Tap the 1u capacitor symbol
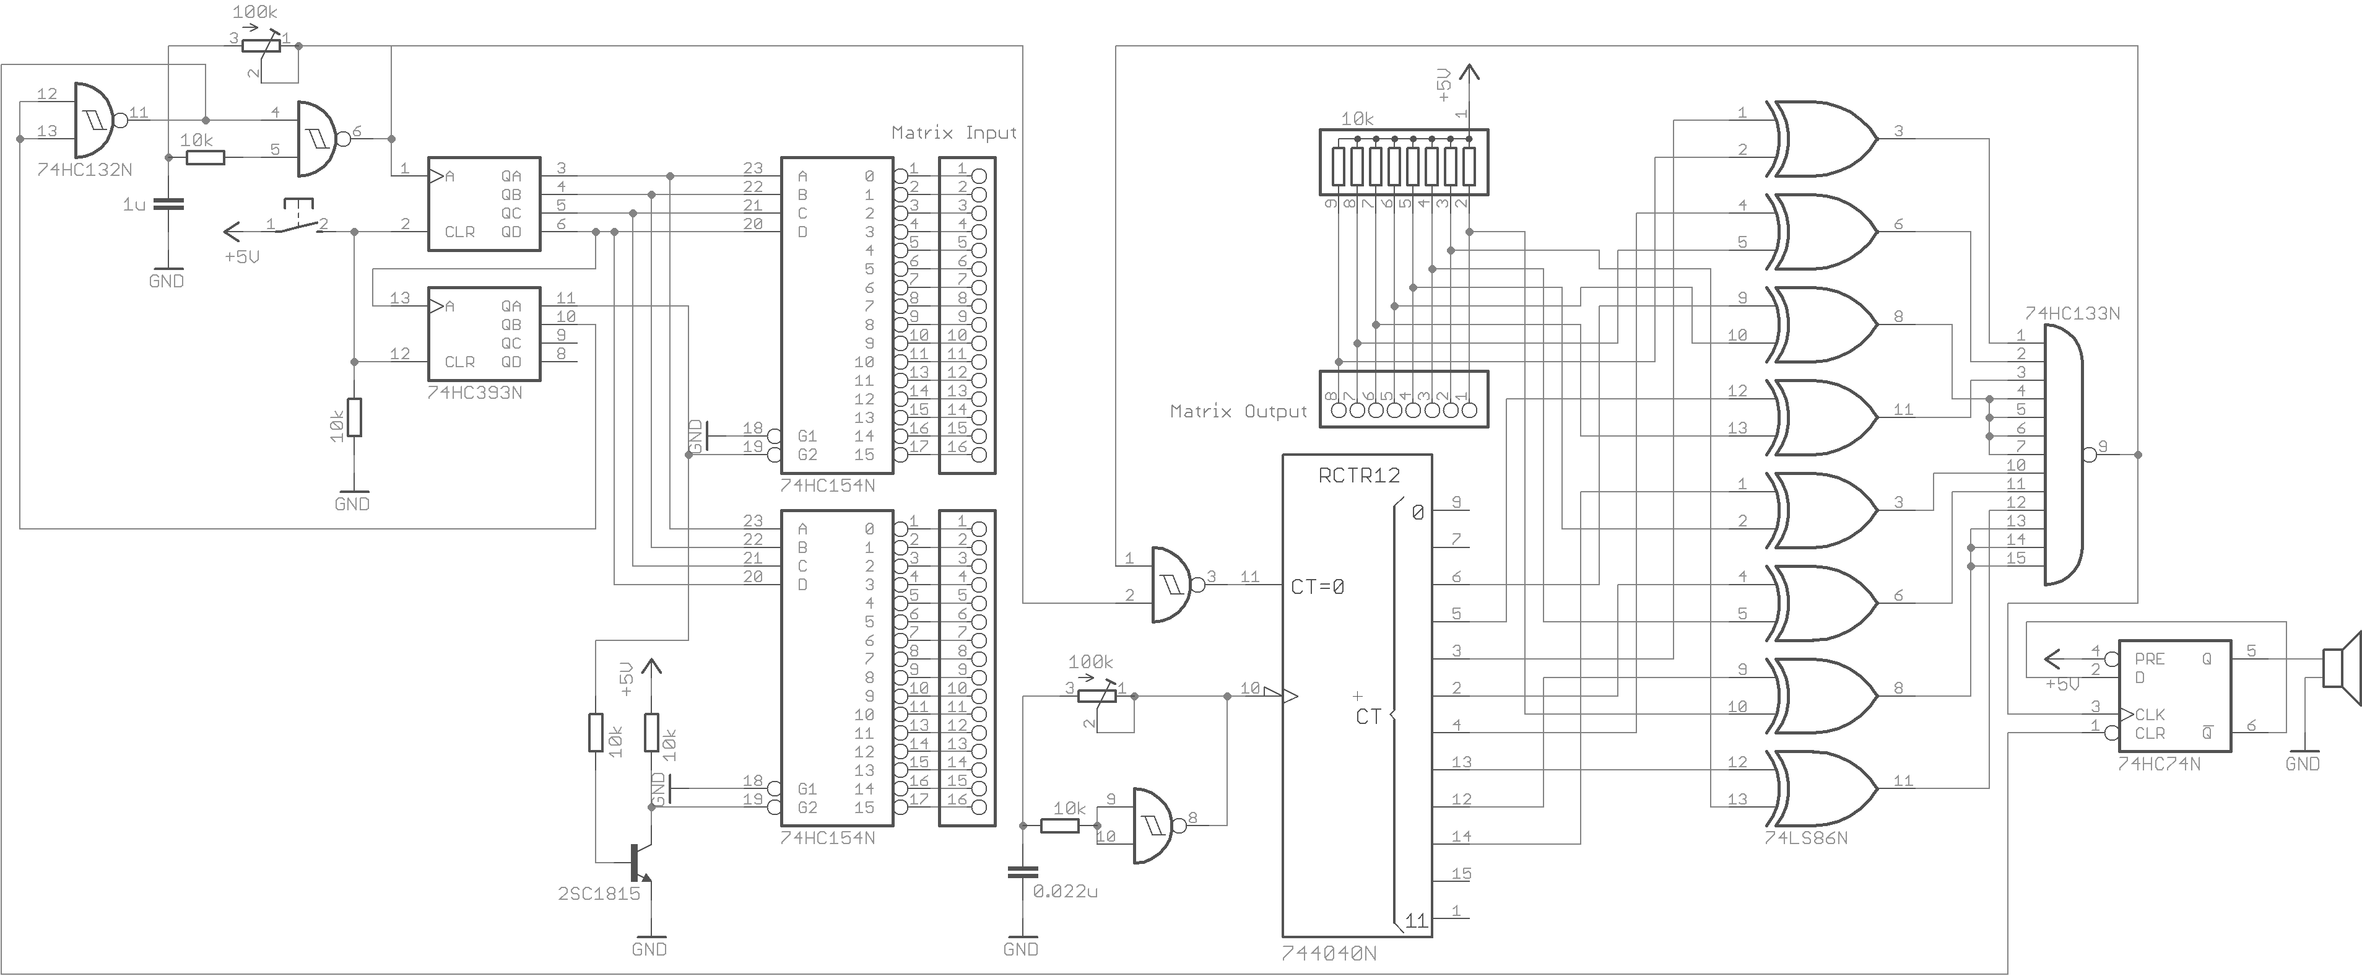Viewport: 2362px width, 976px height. coord(168,204)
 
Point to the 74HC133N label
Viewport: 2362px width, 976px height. coord(2072,313)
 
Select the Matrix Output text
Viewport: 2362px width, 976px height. coord(1238,411)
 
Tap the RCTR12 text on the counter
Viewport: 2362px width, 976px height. coord(1359,475)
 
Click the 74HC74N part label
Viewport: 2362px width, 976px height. coord(2158,763)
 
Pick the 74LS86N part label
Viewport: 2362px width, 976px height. coord(1805,837)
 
